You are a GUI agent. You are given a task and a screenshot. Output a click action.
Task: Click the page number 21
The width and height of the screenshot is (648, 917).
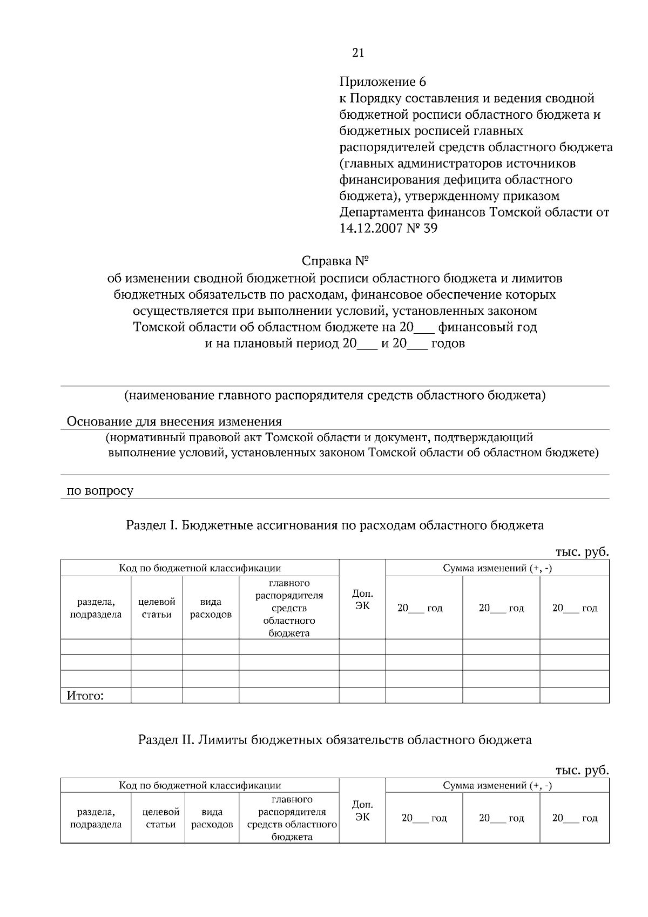coord(358,52)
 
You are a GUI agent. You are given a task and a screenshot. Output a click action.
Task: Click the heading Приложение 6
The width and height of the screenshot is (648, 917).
coord(382,82)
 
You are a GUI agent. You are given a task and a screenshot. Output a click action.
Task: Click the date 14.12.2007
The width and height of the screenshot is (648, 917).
coord(370,228)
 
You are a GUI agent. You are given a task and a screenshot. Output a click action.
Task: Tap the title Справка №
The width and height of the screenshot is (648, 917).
coord(335,261)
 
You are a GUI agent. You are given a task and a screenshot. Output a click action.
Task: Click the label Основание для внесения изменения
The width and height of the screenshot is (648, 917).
coord(174,421)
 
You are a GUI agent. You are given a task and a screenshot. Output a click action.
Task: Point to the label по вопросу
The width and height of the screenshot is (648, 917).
coord(99,491)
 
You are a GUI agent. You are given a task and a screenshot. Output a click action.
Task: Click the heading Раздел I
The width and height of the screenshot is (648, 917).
coord(334,525)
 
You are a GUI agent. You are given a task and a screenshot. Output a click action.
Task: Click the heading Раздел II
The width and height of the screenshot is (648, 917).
coord(334,740)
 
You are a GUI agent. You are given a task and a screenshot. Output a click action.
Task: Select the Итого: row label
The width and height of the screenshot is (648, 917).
coord(85,696)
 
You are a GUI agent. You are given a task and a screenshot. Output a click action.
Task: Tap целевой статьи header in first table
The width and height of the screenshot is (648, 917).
coord(157,608)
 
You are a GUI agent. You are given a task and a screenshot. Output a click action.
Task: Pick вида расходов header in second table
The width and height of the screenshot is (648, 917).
coord(212,818)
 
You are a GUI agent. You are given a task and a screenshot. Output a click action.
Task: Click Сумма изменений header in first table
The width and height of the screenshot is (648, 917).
coord(497,568)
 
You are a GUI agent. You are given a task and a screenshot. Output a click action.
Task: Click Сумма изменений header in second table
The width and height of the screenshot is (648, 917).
coord(497,785)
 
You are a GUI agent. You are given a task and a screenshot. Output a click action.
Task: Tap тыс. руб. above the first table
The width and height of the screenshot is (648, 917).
coord(582,552)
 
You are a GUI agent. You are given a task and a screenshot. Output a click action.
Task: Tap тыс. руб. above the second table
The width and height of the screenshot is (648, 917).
coord(582,770)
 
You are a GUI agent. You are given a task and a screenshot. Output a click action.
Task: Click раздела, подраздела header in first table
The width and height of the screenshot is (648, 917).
coord(96,608)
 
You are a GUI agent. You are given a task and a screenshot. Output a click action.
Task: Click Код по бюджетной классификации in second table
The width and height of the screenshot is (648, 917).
coord(200,785)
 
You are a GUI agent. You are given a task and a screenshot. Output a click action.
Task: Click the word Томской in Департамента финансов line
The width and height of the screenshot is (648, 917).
coord(513,212)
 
